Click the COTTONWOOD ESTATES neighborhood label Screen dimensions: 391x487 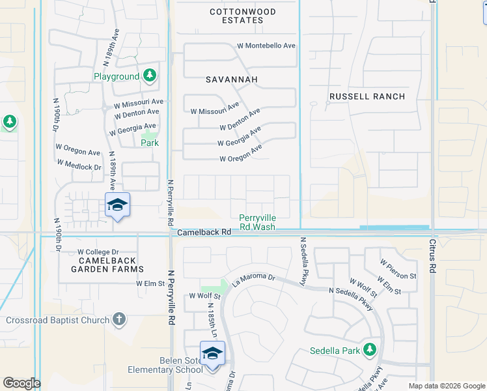click(x=243, y=16)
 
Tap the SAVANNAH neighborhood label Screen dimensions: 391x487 click(x=232, y=80)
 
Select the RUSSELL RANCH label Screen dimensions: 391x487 click(x=367, y=96)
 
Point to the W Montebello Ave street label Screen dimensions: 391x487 click(x=266, y=46)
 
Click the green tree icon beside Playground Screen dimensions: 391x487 click(x=150, y=76)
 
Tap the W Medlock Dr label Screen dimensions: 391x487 click(x=79, y=167)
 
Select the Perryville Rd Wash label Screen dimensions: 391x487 click(x=257, y=222)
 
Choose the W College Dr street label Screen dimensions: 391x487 click(x=98, y=252)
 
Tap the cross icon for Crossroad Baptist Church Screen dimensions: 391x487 click(x=118, y=320)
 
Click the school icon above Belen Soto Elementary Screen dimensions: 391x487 click(x=212, y=353)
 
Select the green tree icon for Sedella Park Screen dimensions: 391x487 click(x=370, y=349)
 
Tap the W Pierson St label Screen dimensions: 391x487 click(x=398, y=268)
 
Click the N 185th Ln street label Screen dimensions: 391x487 click(x=211, y=316)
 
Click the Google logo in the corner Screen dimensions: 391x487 click(x=21, y=383)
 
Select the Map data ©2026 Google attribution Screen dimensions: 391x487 click(x=446, y=386)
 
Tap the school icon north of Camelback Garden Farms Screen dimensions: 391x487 click(x=117, y=205)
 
